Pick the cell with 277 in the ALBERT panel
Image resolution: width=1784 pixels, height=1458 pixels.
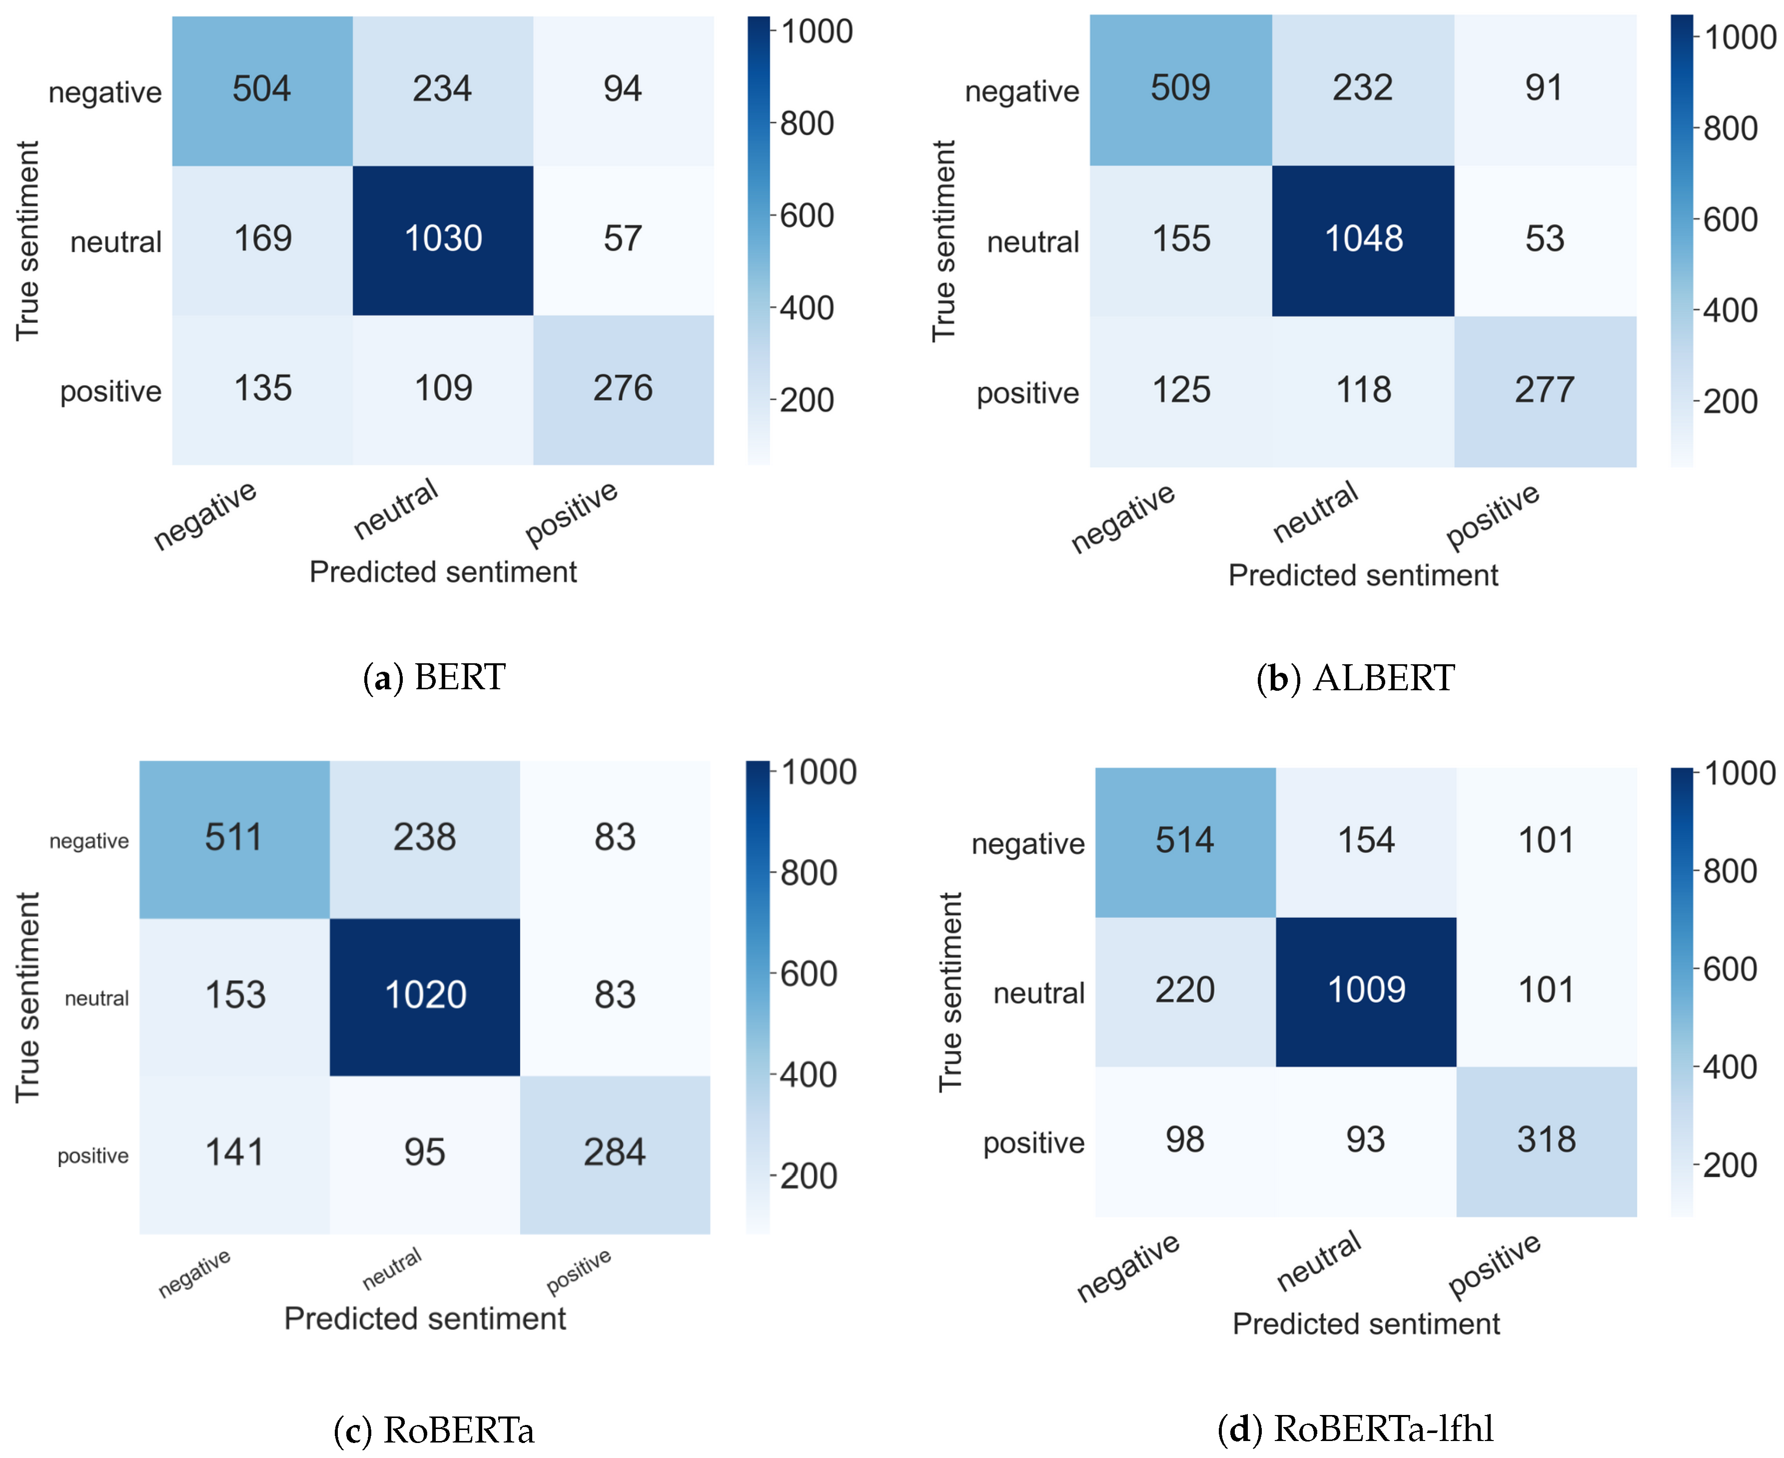1544,390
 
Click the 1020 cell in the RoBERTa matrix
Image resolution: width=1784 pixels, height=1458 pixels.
425,996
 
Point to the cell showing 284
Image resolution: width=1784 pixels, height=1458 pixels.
615,1153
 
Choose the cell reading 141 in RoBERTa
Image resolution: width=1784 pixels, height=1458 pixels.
234,1153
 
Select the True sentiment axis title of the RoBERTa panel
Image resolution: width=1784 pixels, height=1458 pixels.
27,997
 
